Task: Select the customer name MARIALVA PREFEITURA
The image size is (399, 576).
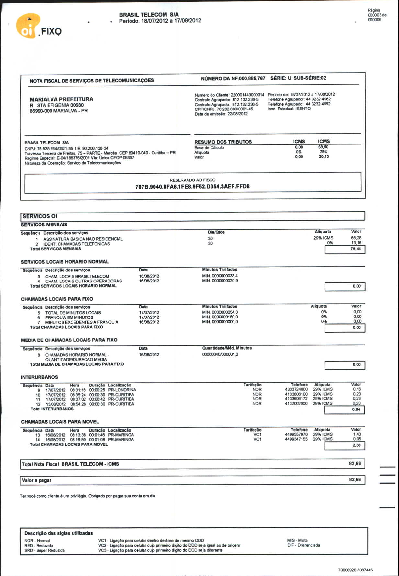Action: coord(62,99)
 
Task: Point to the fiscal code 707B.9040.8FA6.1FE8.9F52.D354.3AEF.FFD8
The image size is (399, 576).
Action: coord(192,187)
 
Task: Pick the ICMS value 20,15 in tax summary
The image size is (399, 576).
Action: coord(324,157)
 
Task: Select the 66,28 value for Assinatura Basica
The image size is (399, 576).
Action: coord(356,238)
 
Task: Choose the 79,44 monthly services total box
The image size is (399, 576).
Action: coord(345,249)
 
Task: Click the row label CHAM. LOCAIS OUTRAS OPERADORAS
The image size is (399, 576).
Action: coord(84,281)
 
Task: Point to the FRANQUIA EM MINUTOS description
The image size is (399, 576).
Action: coord(69,317)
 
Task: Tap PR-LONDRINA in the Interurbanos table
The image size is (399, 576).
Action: coord(122,390)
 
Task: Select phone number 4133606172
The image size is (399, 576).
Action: coord(296,399)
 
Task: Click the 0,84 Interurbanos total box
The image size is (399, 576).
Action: coord(344,410)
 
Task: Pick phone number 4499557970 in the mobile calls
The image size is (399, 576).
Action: coord(296,435)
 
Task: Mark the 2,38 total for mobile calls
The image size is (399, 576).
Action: coord(345,446)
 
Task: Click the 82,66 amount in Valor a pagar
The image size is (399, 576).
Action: coord(355,480)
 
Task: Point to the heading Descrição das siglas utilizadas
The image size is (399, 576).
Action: coord(59,533)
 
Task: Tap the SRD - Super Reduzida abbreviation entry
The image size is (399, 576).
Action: coord(44,551)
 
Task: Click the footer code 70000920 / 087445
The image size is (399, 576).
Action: coord(355,570)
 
